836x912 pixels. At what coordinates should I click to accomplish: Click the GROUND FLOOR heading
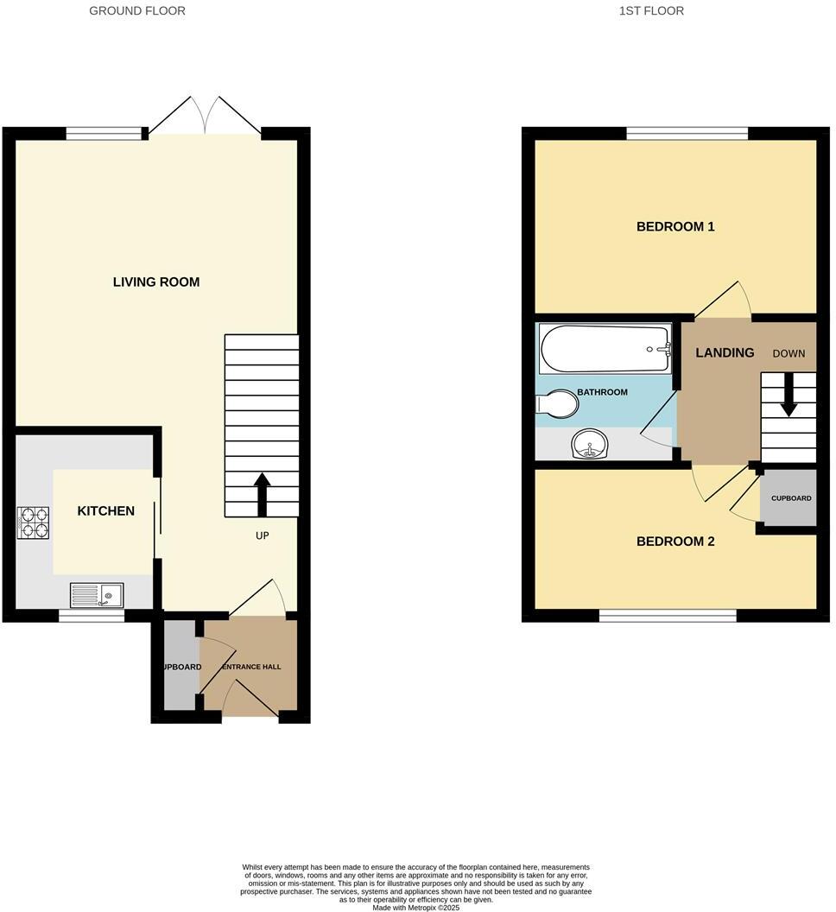[137, 11]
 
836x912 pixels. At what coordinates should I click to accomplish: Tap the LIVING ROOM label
[156, 282]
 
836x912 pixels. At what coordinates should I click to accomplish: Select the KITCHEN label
[106, 510]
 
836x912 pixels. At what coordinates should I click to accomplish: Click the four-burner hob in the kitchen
[33, 522]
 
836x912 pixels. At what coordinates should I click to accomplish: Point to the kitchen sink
[97, 594]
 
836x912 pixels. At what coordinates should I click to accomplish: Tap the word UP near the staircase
[262, 535]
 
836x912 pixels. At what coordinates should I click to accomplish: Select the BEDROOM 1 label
[675, 227]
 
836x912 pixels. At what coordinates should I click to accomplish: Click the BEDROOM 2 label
[675, 541]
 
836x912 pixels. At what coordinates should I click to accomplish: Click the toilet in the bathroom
[558, 403]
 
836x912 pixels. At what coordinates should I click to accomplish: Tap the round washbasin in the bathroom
[590, 446]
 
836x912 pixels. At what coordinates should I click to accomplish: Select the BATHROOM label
[602, 392]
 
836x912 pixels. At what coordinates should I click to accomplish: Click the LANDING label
[725, 352]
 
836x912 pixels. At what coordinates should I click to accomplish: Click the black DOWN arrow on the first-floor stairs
[788, 402]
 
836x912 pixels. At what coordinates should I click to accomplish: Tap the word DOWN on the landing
[788, 354]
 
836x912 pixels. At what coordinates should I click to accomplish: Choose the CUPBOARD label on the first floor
[791, 498]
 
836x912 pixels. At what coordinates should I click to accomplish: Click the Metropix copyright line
[416, 907]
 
